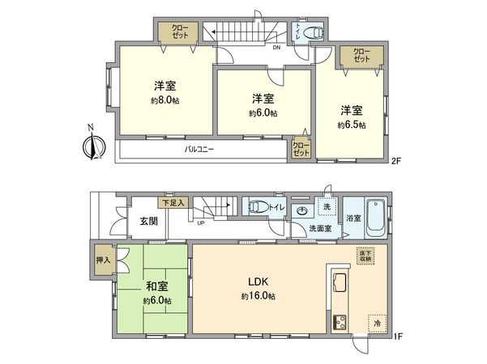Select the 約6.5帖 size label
point(352,125)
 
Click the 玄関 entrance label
point(148,222)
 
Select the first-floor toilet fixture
point(259,207)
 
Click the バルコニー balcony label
point(199,150)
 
